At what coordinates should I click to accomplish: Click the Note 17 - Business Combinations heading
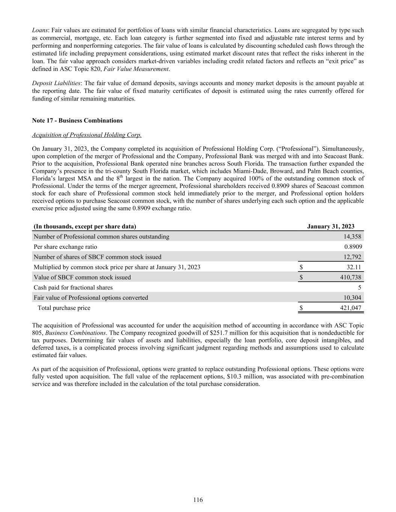click(77, 121)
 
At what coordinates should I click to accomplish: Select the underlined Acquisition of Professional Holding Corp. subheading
click(87, 135)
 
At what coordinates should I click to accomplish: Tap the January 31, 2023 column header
click(330, 227)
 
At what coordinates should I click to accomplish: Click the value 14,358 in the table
click(352, 237)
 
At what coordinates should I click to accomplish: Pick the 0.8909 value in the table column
click(353, 247)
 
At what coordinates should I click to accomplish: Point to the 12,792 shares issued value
click(352, 257)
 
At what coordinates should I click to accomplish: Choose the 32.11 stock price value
click(354, 267)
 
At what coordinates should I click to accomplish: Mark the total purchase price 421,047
click(351, 308)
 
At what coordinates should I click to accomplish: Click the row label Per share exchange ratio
click(65, 247)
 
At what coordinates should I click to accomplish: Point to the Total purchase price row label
click(64, 308)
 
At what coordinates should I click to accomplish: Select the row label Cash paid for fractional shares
click(73, 287)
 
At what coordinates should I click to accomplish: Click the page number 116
click(198, 500)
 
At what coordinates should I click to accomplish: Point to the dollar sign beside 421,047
click(301, 308)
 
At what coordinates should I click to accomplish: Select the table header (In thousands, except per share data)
click(85, 227)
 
